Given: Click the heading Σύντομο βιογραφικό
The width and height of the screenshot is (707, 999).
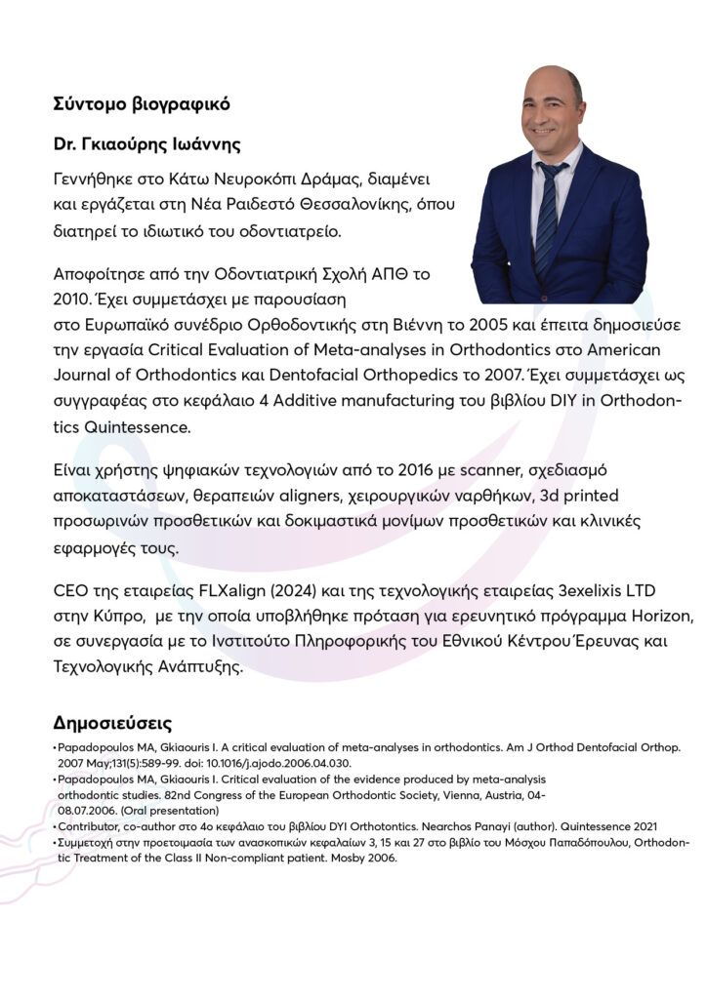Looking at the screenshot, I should (x=143, y=102).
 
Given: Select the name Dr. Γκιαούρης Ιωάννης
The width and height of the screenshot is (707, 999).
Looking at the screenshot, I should (x=147, y=144).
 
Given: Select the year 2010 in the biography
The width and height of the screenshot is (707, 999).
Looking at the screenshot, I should (x=73, y=294).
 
